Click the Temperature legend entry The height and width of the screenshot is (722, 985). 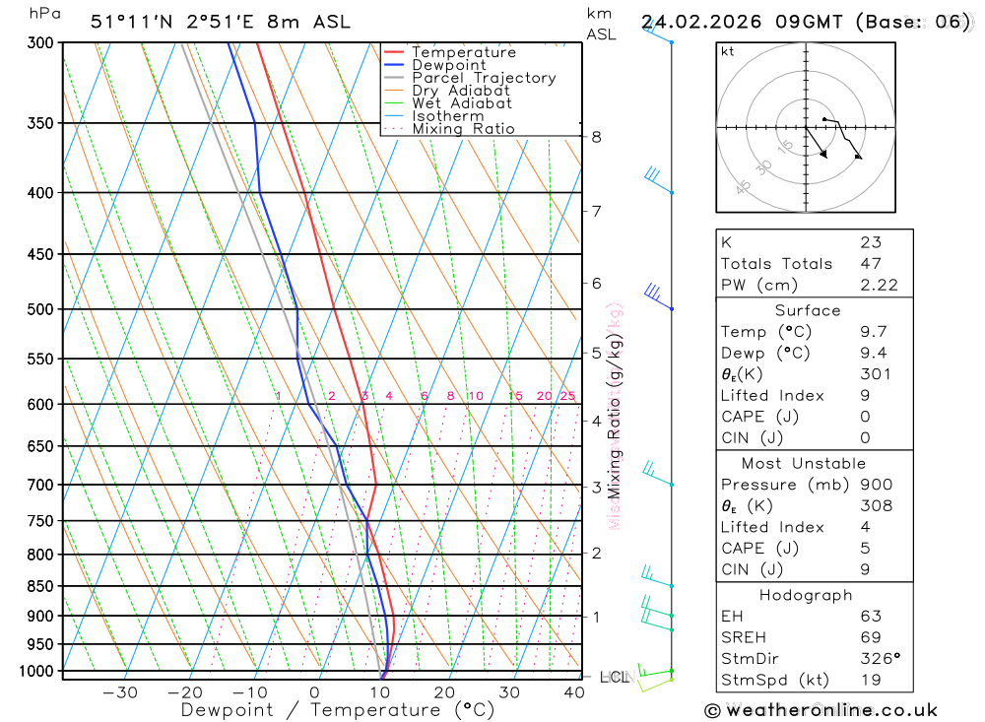point(463,52)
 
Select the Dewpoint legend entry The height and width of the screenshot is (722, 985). point(448,65)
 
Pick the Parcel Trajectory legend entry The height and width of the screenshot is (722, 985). point(484,78)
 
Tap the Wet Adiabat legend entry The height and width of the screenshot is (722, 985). point(461,103)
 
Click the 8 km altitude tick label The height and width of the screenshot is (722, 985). point(596,137)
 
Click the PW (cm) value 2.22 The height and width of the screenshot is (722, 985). point(879,285)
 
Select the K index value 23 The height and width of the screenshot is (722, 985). point(870,242)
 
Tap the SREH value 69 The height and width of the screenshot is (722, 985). point(870,638)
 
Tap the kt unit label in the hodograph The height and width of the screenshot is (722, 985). point(727,51)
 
